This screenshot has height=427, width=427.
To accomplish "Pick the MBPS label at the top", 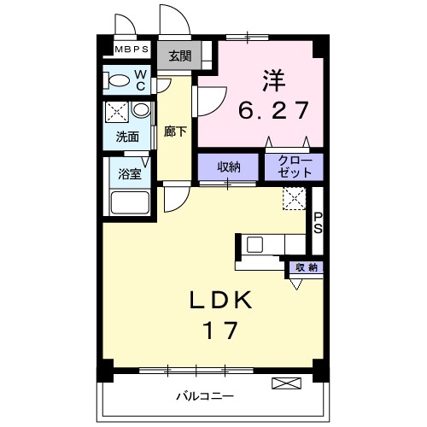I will click(x=126, y=50).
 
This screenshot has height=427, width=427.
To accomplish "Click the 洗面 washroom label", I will click(x=128, y=136).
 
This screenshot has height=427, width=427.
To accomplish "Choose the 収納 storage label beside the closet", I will click(x=228, y=167).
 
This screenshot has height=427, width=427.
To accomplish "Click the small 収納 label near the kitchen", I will click(x=307, y=267).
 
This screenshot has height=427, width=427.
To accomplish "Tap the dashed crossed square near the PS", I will click(x=294, y=199).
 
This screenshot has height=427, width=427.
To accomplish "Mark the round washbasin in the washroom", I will click(x=140, y=111).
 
